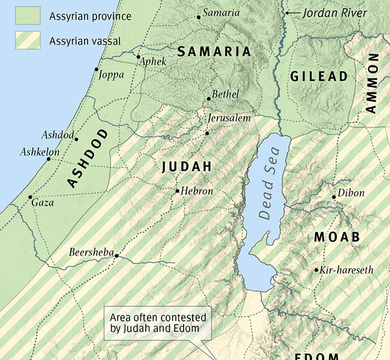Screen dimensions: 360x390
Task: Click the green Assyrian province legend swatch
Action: tap(28, 16)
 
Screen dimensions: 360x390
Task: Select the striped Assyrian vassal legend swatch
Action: tap(28, 40)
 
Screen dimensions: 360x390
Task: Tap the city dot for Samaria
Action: tap(199, 17)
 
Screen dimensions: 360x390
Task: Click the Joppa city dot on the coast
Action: tap(96, 70)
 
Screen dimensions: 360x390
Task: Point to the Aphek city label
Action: tap(154, 61)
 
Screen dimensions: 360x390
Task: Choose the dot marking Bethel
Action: tap(208, 98)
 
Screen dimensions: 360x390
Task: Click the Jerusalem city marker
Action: tap(207, 133)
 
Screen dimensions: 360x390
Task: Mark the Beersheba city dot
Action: tap(116, 256)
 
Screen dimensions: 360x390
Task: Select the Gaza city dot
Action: tap(30, 197)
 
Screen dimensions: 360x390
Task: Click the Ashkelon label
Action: tap(40, 152)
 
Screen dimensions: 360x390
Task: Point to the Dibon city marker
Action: tap(334, 197)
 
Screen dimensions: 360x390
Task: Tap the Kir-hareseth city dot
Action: tap(316, 271)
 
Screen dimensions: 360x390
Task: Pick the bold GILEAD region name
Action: tap(319, 76)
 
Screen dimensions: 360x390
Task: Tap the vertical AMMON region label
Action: tap(372, 83)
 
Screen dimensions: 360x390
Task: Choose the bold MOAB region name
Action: tap(337, 237)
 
